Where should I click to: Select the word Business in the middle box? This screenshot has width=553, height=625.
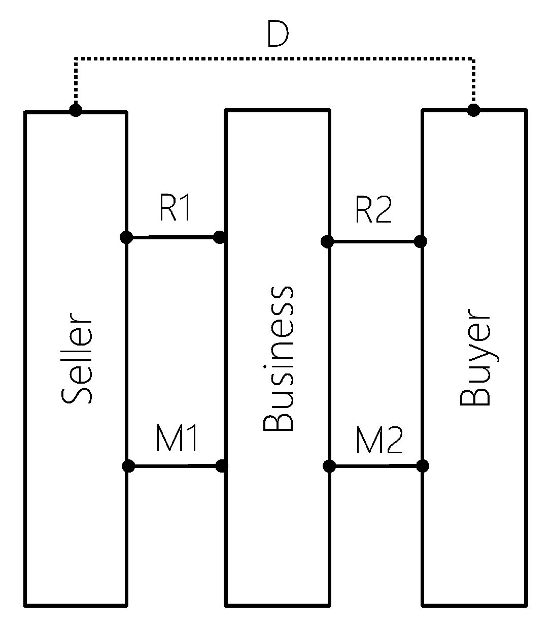(x=279, y=358)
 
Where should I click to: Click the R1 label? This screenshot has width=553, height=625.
(x=176, y=209)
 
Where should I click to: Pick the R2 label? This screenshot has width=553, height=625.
(x=373, y=211)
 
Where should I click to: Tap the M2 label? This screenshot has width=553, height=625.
(x=378, y=441)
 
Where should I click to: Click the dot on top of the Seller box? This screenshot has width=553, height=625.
(x=76, y=110)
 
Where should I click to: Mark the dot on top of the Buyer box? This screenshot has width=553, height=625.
(x=473, y=110)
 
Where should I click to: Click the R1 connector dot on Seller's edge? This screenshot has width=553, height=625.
(x=126, y=237)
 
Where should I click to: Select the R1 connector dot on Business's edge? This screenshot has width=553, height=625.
(x=219, y=237)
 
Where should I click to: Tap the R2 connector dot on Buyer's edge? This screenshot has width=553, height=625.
(x=421, y=241)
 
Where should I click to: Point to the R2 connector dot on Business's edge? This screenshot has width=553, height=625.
(x=328, y=241)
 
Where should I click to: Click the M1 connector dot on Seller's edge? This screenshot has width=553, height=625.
(x=128, y=465)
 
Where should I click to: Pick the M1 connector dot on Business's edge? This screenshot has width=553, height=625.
(x=222, y=465)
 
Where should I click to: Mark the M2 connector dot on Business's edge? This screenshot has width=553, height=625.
(x=329, y=465)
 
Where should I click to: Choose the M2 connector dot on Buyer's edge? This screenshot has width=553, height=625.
(x=422, y=465)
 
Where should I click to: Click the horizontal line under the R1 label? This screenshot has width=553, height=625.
(x=172, y=237)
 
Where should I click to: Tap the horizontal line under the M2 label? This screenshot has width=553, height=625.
(x=375, y=465)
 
